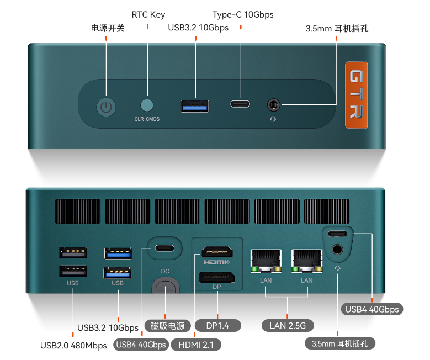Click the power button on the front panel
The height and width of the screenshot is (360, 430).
[107, 107]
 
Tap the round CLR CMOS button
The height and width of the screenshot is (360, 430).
[147, 104]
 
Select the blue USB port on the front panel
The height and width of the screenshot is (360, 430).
[194, 105]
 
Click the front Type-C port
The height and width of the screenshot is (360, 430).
[240, 104]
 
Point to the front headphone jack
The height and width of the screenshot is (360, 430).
[273, 104]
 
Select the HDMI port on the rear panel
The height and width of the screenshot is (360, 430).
[216, 252]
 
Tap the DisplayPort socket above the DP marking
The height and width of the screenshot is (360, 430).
[216, 277]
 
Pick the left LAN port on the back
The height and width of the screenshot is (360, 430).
[266, 260]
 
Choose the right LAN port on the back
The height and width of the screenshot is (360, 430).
[307, 260]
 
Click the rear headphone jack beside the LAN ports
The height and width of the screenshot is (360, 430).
[337, 250]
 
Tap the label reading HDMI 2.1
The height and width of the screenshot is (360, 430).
[196, 345]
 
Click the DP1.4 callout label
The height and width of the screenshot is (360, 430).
[217, 325]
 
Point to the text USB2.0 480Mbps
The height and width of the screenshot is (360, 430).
[73, 346]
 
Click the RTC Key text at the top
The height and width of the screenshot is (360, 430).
[148, 15]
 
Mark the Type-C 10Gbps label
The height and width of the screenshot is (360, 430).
[243, 15]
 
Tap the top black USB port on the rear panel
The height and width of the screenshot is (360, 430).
[73, 252]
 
